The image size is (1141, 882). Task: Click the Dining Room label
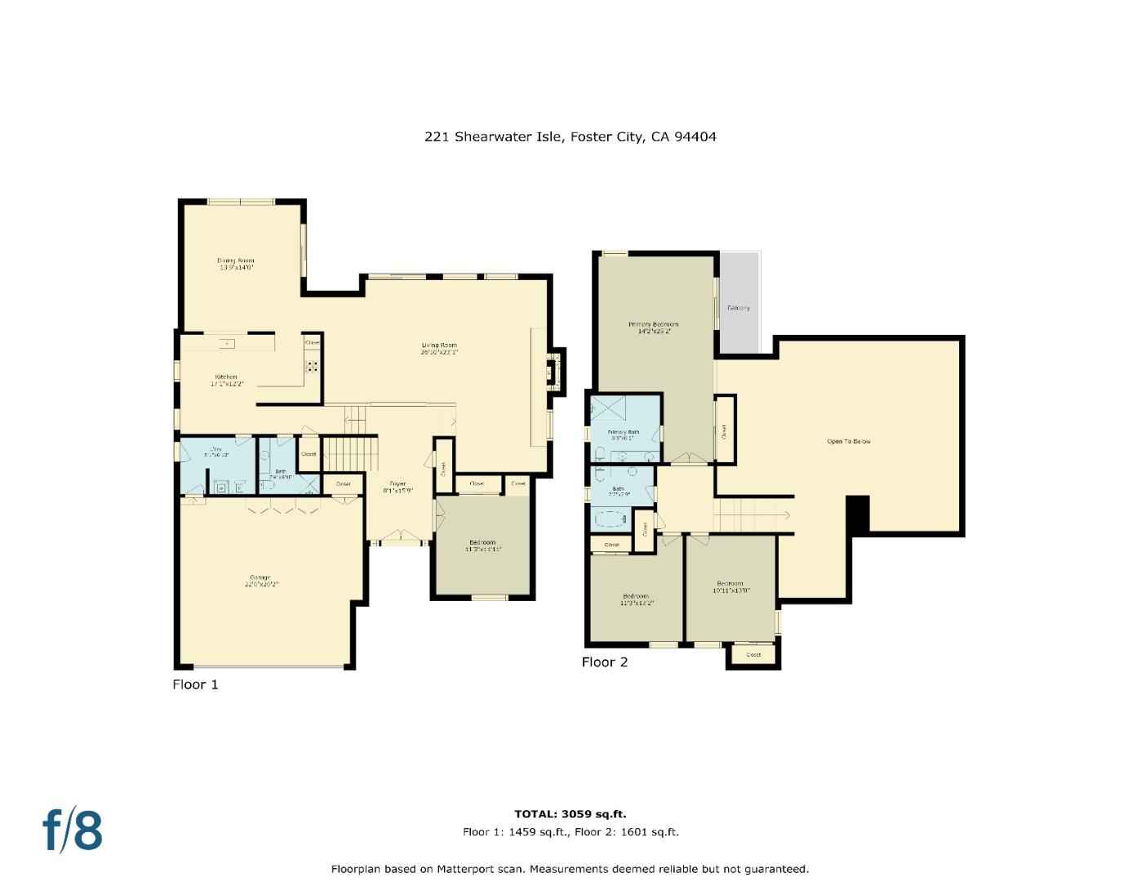pyautogui.click(x=235, y=261)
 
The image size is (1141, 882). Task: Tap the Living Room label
pyautogui.click(x=439, y=345)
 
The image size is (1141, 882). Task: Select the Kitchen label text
pyautogui.click(x=226, y=376)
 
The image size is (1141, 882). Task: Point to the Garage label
pyautogui.click(x=259, y=577)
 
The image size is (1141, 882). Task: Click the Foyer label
pyautogui.click(x=397, y=484)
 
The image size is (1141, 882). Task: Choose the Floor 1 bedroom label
pyautogui.click(x=482, y=542)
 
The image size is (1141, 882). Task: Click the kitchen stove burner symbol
pyautogui.click(x=312, y=367)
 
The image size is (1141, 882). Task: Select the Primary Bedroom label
pyautogui.click(x=653, y=324)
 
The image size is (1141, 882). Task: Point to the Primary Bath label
pyautogui.click(x=623, y=431)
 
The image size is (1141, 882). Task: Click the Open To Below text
pyautogui.click(x=849, y=442)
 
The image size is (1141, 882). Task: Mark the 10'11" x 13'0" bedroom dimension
pyautogui.click(x=730, y=590)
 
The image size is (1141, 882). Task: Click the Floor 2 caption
pyautogui.click(x=604, y=662)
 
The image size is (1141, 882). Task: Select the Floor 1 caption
pyautogui.click(x=195, y=684)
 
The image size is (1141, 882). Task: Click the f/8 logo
pyautogui.click(x=73, y=830)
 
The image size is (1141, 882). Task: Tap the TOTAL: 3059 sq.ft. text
pyautogui.click(x=570, y=813)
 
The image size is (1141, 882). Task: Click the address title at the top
pyautogui.click(x=570, y=137)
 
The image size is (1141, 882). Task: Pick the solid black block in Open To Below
pyautogui.click(x=858, y=514)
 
